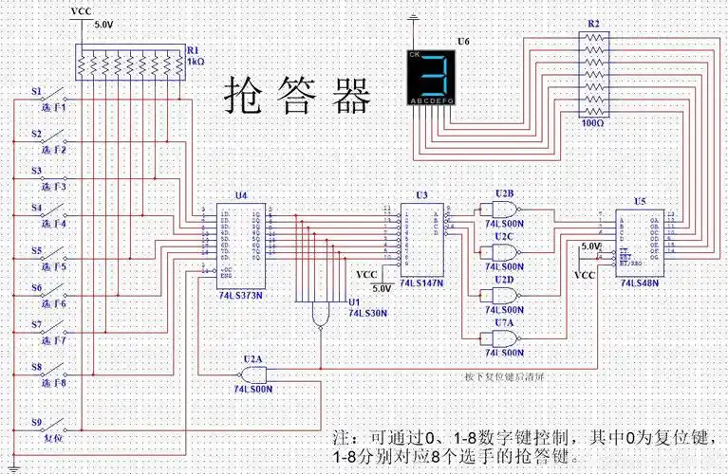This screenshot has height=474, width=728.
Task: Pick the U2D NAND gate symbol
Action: click(x=503, y=295)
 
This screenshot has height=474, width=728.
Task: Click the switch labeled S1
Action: click(x=52, y=97)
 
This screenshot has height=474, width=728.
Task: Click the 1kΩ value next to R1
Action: click(x=196, y=61)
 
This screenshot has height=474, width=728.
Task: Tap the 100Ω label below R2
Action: click(x=591, y=122)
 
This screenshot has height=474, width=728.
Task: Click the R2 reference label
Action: click(x=593, y=22)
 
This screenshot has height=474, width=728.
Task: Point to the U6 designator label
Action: click(x=463, y=42)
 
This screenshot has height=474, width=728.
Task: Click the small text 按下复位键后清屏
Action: click(x=503, y=374)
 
